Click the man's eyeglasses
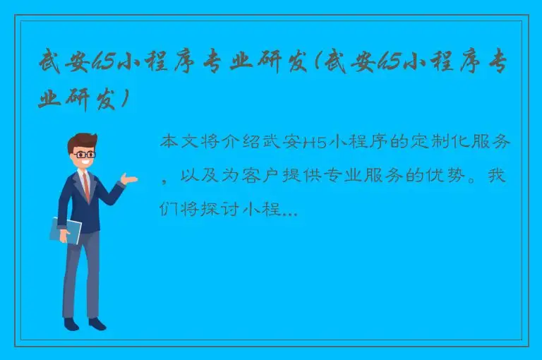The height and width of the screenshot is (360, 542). pos(84,153)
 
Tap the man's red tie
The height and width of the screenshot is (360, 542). pos(86,185)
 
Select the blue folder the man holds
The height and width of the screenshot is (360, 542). pos(66,230)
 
